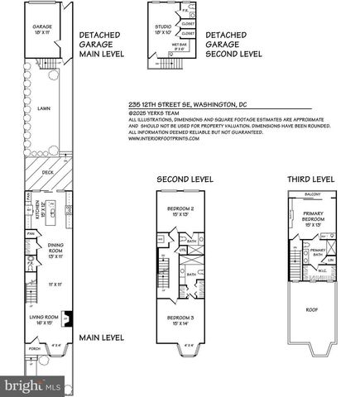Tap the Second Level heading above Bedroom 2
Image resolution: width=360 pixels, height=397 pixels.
click(x=186, y=179)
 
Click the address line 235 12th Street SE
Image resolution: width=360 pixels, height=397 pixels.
click(x=190, y=105)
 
